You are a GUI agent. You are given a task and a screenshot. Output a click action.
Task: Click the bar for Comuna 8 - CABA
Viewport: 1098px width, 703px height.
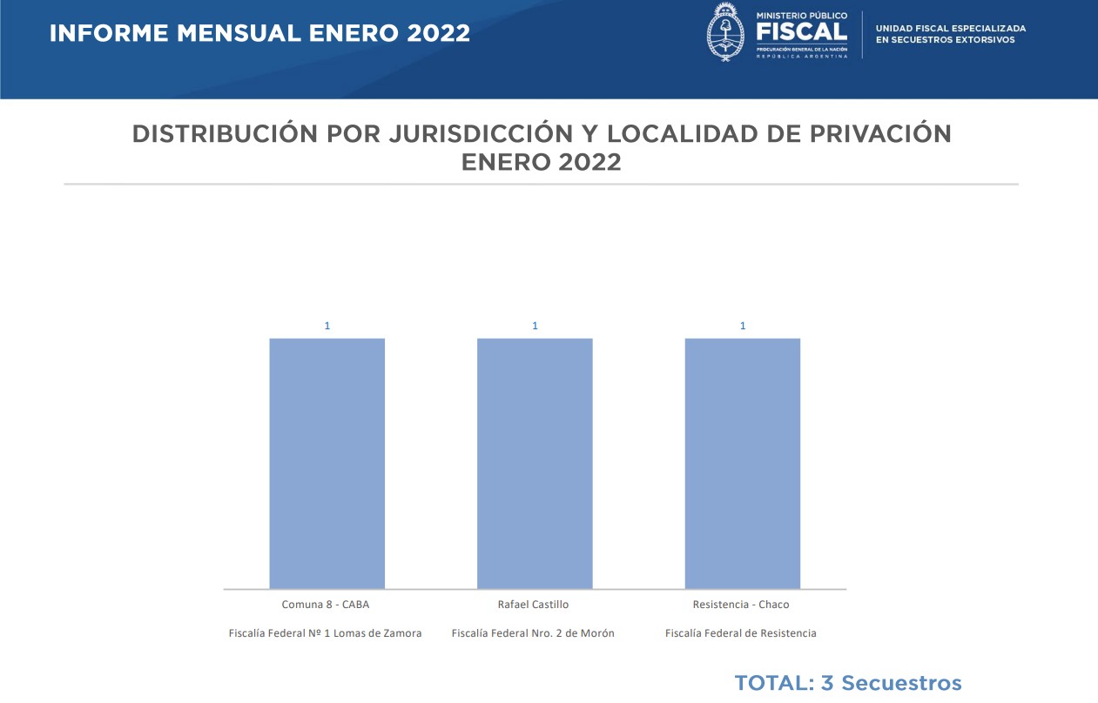(327, 463)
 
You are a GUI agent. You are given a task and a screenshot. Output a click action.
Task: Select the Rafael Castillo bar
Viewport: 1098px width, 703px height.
(535, 463)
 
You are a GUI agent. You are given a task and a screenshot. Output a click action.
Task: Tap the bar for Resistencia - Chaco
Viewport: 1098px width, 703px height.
(743, 463)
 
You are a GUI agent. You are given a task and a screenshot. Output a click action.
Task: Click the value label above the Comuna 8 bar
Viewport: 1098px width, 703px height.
(327, 326)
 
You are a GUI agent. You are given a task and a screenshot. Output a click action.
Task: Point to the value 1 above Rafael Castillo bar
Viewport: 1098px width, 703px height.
(535, 326)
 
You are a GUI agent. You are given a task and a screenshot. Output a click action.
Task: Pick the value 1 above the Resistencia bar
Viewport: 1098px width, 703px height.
(743, 326)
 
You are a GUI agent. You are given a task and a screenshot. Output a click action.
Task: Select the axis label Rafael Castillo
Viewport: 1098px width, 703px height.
(533, 605)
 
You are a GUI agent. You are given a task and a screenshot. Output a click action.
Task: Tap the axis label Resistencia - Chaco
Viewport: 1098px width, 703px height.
(741, 605)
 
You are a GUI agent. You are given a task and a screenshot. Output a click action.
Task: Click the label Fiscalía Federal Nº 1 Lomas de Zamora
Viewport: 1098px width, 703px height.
(325, 633)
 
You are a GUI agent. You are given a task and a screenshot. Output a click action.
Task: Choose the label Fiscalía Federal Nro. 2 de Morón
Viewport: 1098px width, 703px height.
(533, 633)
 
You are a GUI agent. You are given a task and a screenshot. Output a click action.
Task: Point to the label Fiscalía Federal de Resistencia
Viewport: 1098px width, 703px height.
(741, 633)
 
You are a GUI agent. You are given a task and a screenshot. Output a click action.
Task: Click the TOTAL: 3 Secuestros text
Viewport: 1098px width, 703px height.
(847, 683)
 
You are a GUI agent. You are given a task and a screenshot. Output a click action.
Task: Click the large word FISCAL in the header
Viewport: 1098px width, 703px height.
(801, 31)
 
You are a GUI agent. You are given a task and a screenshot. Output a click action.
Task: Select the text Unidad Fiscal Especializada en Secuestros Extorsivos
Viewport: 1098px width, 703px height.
(951, 34)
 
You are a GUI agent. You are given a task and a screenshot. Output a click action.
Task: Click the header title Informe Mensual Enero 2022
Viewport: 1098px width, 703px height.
(259, 34)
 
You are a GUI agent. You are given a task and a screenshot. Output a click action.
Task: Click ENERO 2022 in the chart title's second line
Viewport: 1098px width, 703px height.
(541, 162)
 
